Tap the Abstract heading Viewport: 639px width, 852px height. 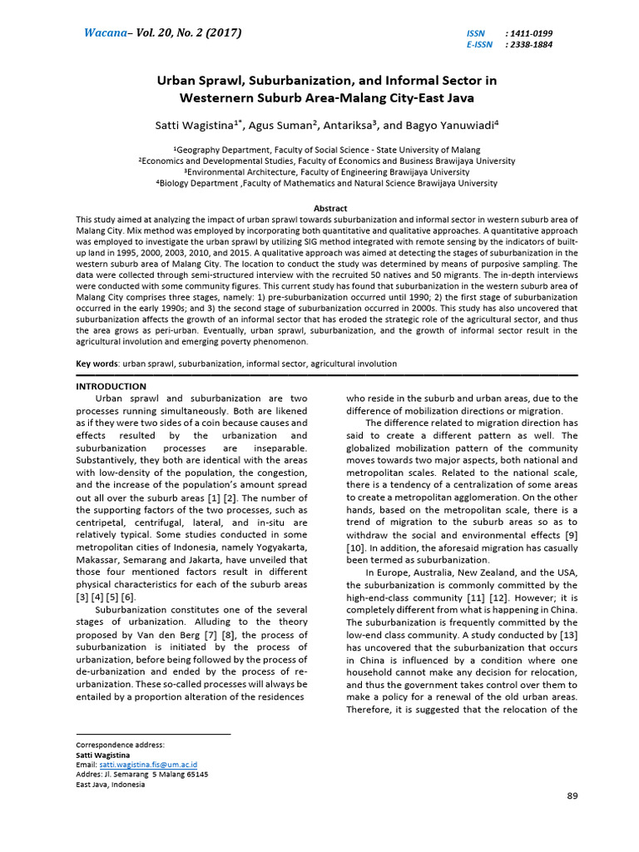(x=330, y=208)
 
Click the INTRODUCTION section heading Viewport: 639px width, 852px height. (x=111, y=386)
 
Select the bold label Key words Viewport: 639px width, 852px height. (x=96, y=364)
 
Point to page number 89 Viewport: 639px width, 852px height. (x=572, y=796)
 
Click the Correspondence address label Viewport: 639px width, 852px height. (x=121, y=745)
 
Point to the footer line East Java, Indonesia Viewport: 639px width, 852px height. (x=110, y=784)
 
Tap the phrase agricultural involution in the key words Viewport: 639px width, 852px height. (x=351, y=364)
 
